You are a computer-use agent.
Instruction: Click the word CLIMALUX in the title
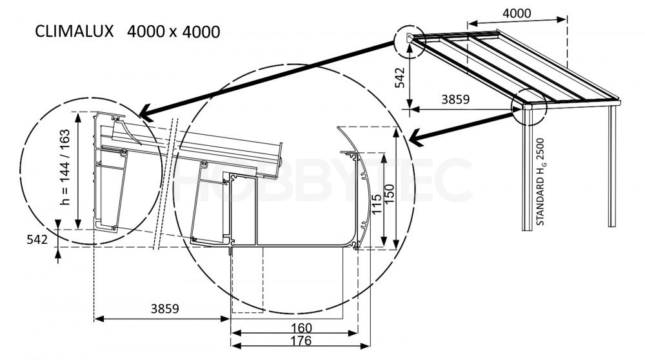click(74, 32)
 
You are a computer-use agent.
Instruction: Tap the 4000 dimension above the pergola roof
click(517, 13)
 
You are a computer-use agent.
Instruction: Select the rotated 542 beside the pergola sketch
click(400, 77)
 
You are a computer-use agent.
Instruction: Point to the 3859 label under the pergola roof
click(455, 99)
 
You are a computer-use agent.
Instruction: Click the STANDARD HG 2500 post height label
click(540, 181)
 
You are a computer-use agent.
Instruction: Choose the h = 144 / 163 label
click(64, 167)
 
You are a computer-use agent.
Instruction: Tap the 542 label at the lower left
click(37, 239)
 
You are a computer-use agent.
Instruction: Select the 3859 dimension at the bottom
click(164, 308)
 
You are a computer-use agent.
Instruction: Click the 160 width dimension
click(301, 328)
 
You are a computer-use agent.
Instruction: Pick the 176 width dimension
click(301, 341)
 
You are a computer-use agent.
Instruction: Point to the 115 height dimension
click(377, 204)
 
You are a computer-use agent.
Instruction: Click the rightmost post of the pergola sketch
click(611, 166)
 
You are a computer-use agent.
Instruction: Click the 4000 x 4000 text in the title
click(173, 32)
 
